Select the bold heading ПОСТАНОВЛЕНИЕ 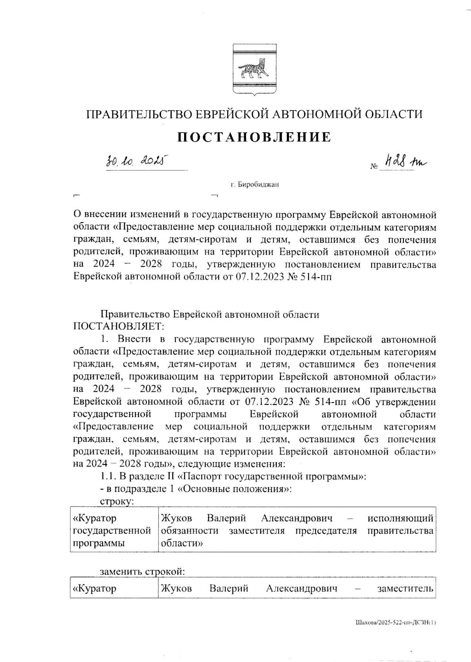[254, 137]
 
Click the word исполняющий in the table [400, 518]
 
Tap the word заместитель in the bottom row [405, 589]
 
